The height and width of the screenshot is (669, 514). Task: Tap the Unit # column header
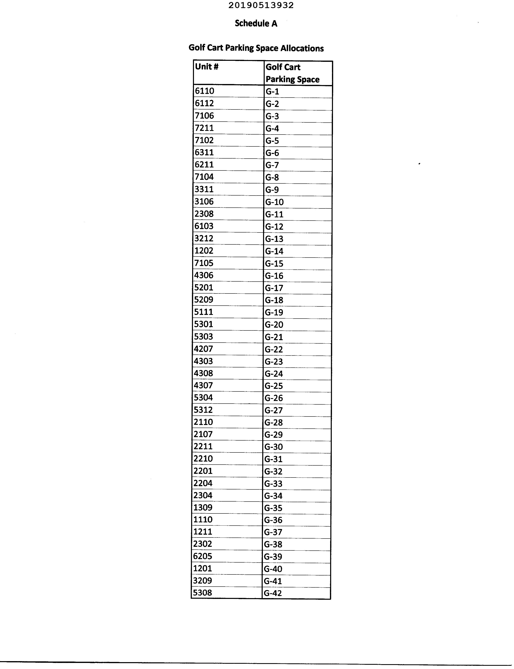207,67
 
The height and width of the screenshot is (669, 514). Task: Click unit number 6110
204,91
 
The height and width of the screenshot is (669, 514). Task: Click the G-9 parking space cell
272,190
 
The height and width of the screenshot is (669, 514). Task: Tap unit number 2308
204,214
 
